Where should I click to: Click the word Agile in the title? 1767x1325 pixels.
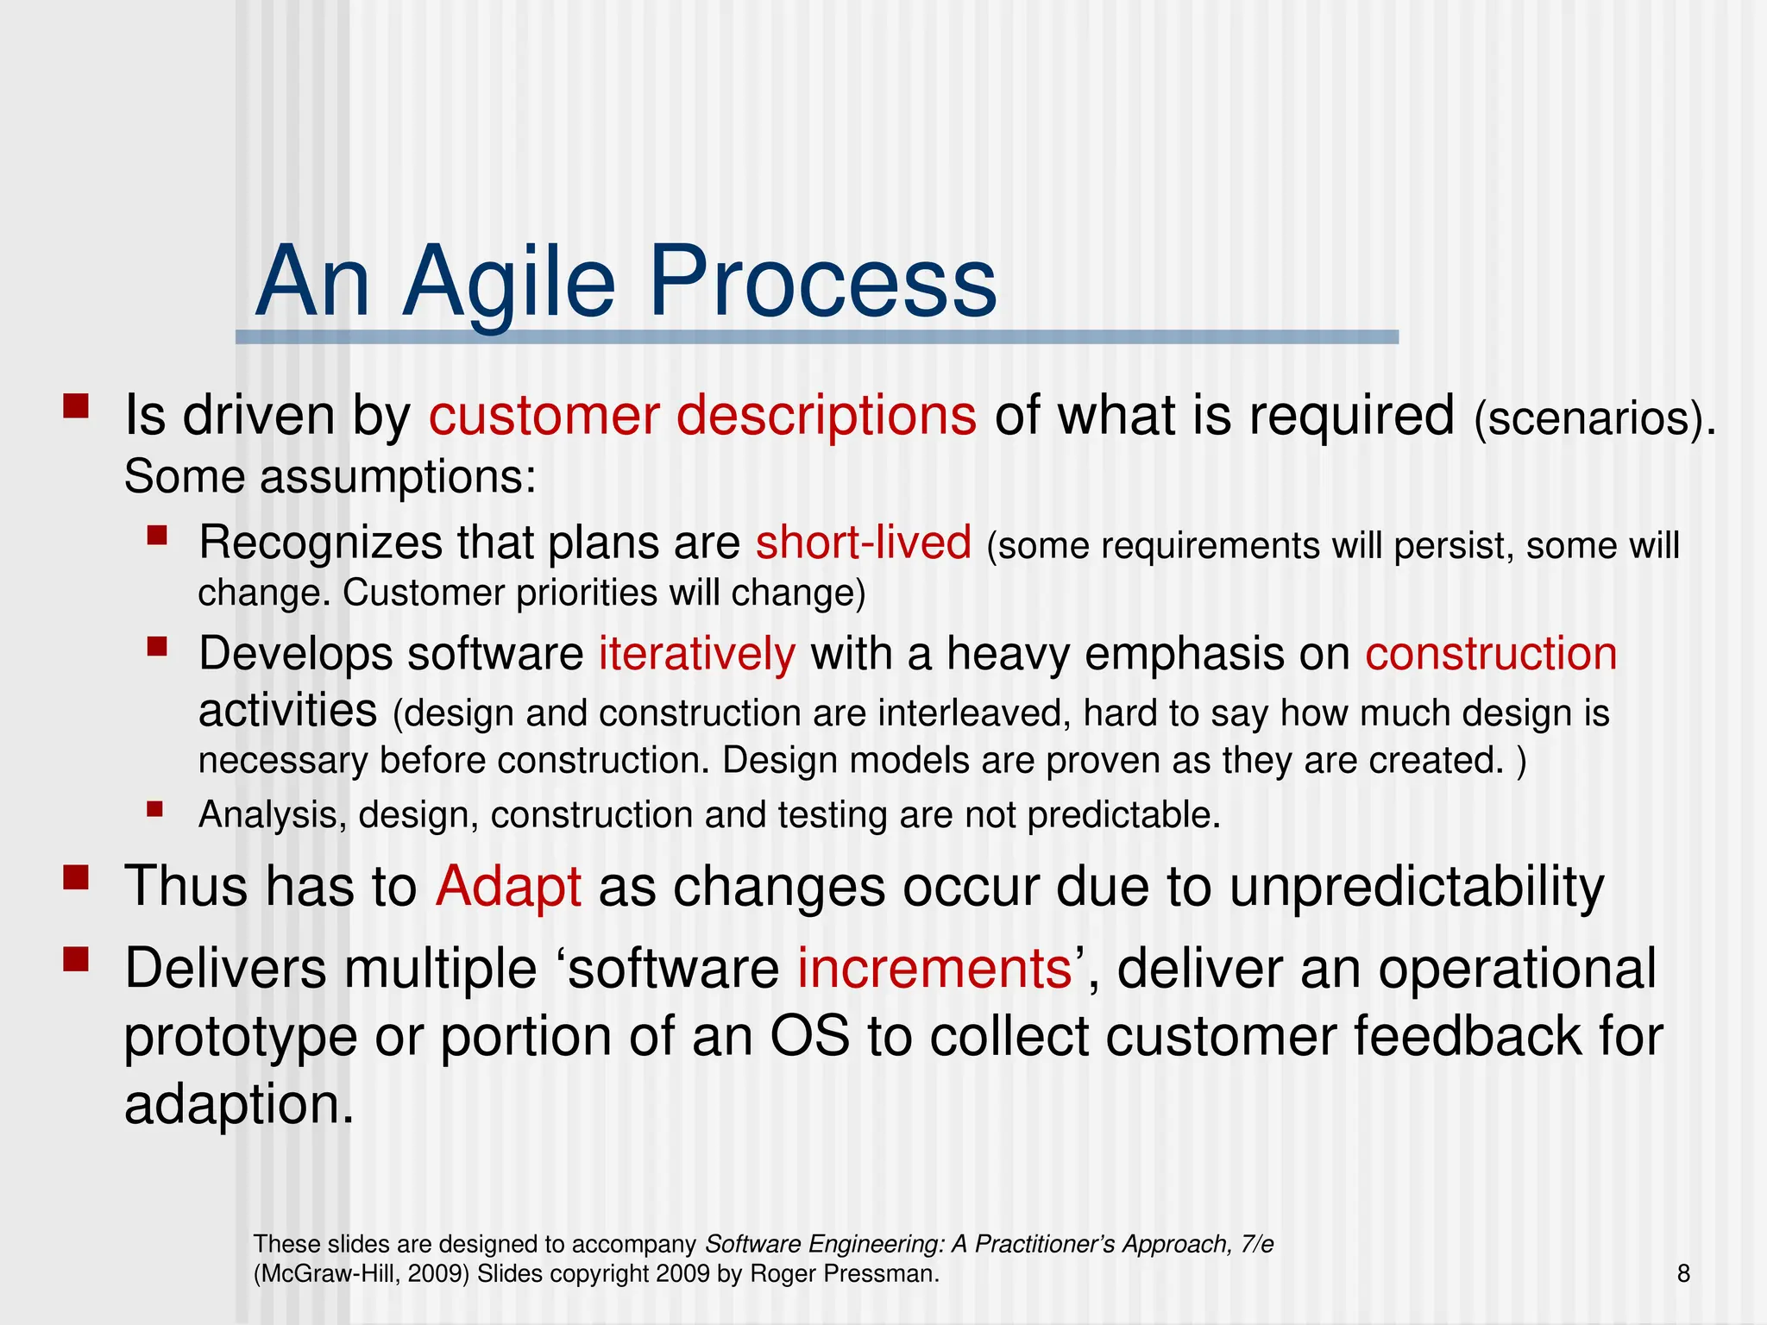pos(509,283)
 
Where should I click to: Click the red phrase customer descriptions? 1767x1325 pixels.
pos(702,415)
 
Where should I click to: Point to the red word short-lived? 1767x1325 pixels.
pos(864,543)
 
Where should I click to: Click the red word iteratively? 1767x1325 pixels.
pos(696,653)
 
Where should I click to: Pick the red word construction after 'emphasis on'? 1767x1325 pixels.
pos(1490,653)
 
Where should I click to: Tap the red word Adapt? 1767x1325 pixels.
pos(508,886)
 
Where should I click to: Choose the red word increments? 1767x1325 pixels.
pos(934,968)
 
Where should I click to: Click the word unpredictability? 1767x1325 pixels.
pos(1416,886)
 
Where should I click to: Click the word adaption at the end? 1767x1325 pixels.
pos(238,1104)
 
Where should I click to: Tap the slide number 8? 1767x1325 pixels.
pos(1683,1273)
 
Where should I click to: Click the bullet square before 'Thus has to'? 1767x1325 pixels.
pos(76,878)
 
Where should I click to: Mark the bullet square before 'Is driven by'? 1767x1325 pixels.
pos(76,406)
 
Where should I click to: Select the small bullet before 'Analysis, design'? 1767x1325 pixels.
pos(155,809)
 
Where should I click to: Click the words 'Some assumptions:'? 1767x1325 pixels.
pos(330,477)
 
